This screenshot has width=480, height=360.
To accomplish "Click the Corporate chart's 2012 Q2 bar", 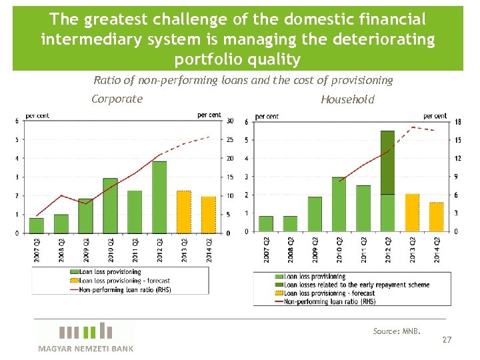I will (159, 197).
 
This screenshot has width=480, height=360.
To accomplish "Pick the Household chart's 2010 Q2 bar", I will (339, 204).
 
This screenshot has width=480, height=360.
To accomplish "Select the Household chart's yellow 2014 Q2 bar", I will (436, 217).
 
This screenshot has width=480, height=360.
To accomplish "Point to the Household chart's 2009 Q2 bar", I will (315, 214).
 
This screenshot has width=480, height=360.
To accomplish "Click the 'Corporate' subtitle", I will (117, 99).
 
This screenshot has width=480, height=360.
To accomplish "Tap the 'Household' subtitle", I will (347, 100).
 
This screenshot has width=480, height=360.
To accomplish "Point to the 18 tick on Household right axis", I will (457, 122).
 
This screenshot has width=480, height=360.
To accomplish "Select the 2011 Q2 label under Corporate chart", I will (135, 251).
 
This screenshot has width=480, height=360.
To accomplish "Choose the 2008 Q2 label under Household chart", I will (291, 251).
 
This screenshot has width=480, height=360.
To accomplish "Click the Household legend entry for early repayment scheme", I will (357, 285).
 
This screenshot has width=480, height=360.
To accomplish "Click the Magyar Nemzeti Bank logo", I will (85, 336).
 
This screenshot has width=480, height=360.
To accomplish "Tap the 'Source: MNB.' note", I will (397, 331).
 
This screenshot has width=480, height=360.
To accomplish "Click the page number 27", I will (447, 340).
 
